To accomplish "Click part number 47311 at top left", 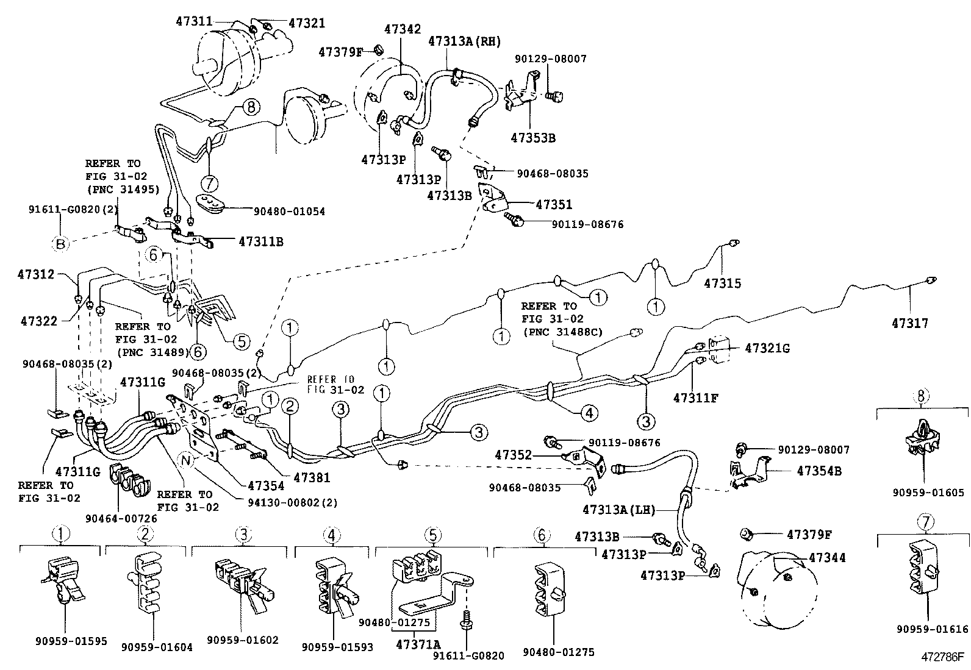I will tap(194, 21).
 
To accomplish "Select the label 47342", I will tap(402, 29).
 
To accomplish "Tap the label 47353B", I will tap(533, 138).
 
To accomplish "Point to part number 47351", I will tap(554, 205).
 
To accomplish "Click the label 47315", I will tap(722, 283).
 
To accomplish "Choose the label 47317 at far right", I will tap(909, 323).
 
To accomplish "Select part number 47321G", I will tap(767, 348).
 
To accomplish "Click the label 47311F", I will tap(696, 398).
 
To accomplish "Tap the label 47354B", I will tap(819, 471).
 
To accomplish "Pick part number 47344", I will tap(827, 557).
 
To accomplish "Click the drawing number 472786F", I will tap(942, 657).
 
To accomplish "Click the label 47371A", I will tap(418, 644).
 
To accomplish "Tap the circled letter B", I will tap(60, 244).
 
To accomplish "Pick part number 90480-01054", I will tap(289, 212).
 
